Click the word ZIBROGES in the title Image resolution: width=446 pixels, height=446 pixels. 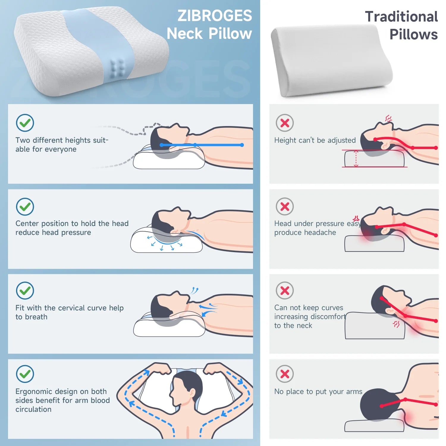[x=214, y=16]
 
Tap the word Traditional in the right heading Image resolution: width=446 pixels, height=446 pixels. [x=401, y=17]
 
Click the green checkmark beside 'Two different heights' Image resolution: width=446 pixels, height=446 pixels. [x=25, y=123]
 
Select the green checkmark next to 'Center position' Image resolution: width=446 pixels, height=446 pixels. [x=25, y=207]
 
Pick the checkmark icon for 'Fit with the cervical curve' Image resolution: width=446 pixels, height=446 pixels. [x=25, y=290]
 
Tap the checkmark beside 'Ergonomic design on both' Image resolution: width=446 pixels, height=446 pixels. [x=25, y=374]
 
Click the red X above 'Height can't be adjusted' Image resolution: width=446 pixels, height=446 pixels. [x=285, y=123]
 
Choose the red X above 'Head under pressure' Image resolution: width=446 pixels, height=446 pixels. [x=285, y=206]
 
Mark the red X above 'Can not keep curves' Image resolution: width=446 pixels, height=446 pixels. [x=285, y=290]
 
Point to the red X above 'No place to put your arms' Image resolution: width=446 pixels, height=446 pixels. [x=285, y=374]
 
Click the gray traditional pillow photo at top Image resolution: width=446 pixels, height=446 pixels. [x=332, y=61]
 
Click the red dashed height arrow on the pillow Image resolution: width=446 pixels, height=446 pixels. [x=356, y=158]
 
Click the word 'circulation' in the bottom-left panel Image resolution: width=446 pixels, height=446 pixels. [x=33, y=409]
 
